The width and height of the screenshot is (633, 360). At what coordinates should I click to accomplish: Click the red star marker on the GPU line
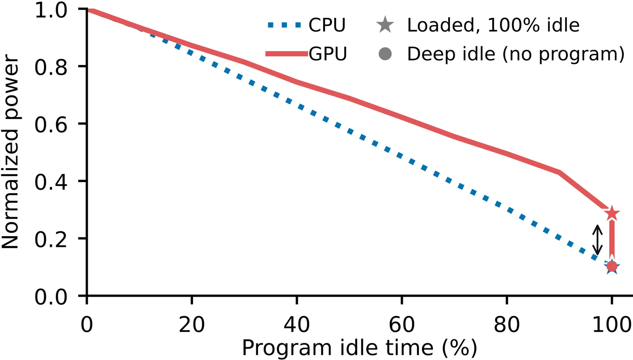[x=612, y=214]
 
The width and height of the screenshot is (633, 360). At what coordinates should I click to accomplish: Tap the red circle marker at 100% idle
[x=612, y=266]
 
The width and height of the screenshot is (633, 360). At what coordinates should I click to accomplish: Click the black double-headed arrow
[x=597, y=240]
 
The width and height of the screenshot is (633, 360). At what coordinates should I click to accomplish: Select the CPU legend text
[x=327, y=25]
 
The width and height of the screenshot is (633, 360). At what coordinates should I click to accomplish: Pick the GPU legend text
[x=328, y=54]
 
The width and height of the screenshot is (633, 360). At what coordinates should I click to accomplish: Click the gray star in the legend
[x=385, y=25]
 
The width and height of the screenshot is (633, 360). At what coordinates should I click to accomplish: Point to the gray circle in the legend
[x=385, y=54]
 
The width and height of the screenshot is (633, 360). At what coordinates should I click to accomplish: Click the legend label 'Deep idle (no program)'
[x=515, y=54]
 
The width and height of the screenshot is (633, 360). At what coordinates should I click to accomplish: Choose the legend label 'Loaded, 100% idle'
[x=493, y=25]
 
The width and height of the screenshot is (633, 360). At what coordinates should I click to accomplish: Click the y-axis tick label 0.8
[x=51, y=67]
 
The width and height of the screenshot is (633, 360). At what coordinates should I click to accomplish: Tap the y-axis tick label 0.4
[x=51, y=182]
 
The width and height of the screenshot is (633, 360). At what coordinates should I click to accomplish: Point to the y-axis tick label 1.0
[x=51, y=10]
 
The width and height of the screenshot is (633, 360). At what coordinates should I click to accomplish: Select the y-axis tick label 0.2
[x=51, y=239]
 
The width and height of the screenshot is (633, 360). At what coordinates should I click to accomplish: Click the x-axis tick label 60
[x=402, y=324]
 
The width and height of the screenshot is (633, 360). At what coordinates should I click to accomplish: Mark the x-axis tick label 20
[x=191, y=324]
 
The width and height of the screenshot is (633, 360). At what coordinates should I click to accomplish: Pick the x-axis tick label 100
[x=612, y=324]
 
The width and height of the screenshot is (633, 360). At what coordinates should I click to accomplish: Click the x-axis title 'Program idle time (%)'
[x=359, y=348]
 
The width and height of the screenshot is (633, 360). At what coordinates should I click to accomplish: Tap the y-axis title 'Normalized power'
[x=10, y=152]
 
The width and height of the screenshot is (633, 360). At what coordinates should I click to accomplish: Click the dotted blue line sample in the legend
[x=284, y=25]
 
